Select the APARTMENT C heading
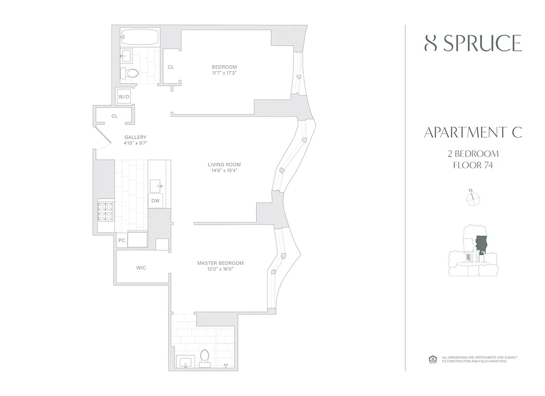coord(473,133)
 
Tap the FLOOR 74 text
coord(473,165)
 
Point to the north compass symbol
coord(474,198)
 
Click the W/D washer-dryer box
coord(124,97)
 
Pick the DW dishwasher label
coord(155,200)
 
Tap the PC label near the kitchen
coord(122,241)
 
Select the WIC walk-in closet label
coord(141,268)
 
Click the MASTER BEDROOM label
coord(220,263)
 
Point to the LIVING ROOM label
coord(224,165)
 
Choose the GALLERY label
coord(135,137)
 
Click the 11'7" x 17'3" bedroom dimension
coord(224,73)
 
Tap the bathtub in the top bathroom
coord(140,38)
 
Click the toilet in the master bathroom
coord(205,357)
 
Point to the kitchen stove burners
coord(106,211)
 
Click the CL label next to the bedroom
coord(170,67)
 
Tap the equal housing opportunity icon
coord(432,359)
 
